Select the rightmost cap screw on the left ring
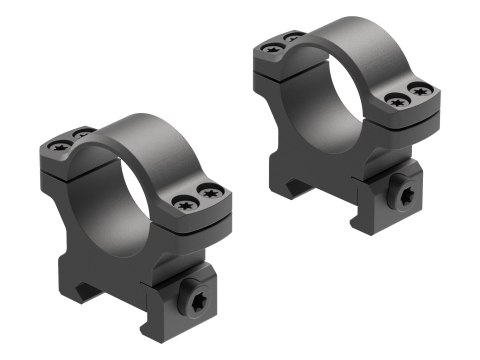tap(211, 194)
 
